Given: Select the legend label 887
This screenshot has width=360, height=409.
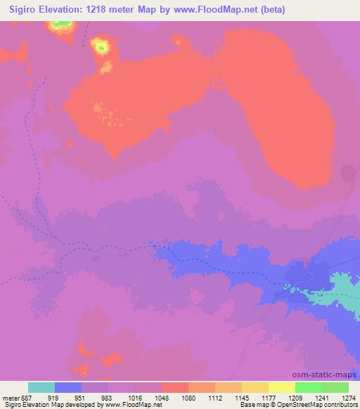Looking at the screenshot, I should pyautogui.click(x=27, y=398).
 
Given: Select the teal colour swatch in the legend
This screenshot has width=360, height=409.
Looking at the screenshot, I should pyautogui.click(x=41, y=387).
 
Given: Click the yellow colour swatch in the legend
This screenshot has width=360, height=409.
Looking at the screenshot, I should pyautogui.click(x=282, y=387).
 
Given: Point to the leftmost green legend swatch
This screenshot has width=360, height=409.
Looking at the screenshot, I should pyautogui.click(x=309, y=387).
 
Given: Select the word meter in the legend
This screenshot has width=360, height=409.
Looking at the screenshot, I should pyautogui.click(x=10, y=398).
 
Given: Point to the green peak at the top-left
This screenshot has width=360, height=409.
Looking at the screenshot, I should pyautogui.click(x=61, y=25).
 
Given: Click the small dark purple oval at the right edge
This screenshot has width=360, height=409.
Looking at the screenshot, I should pyautogui.click(x=347, y=174).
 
